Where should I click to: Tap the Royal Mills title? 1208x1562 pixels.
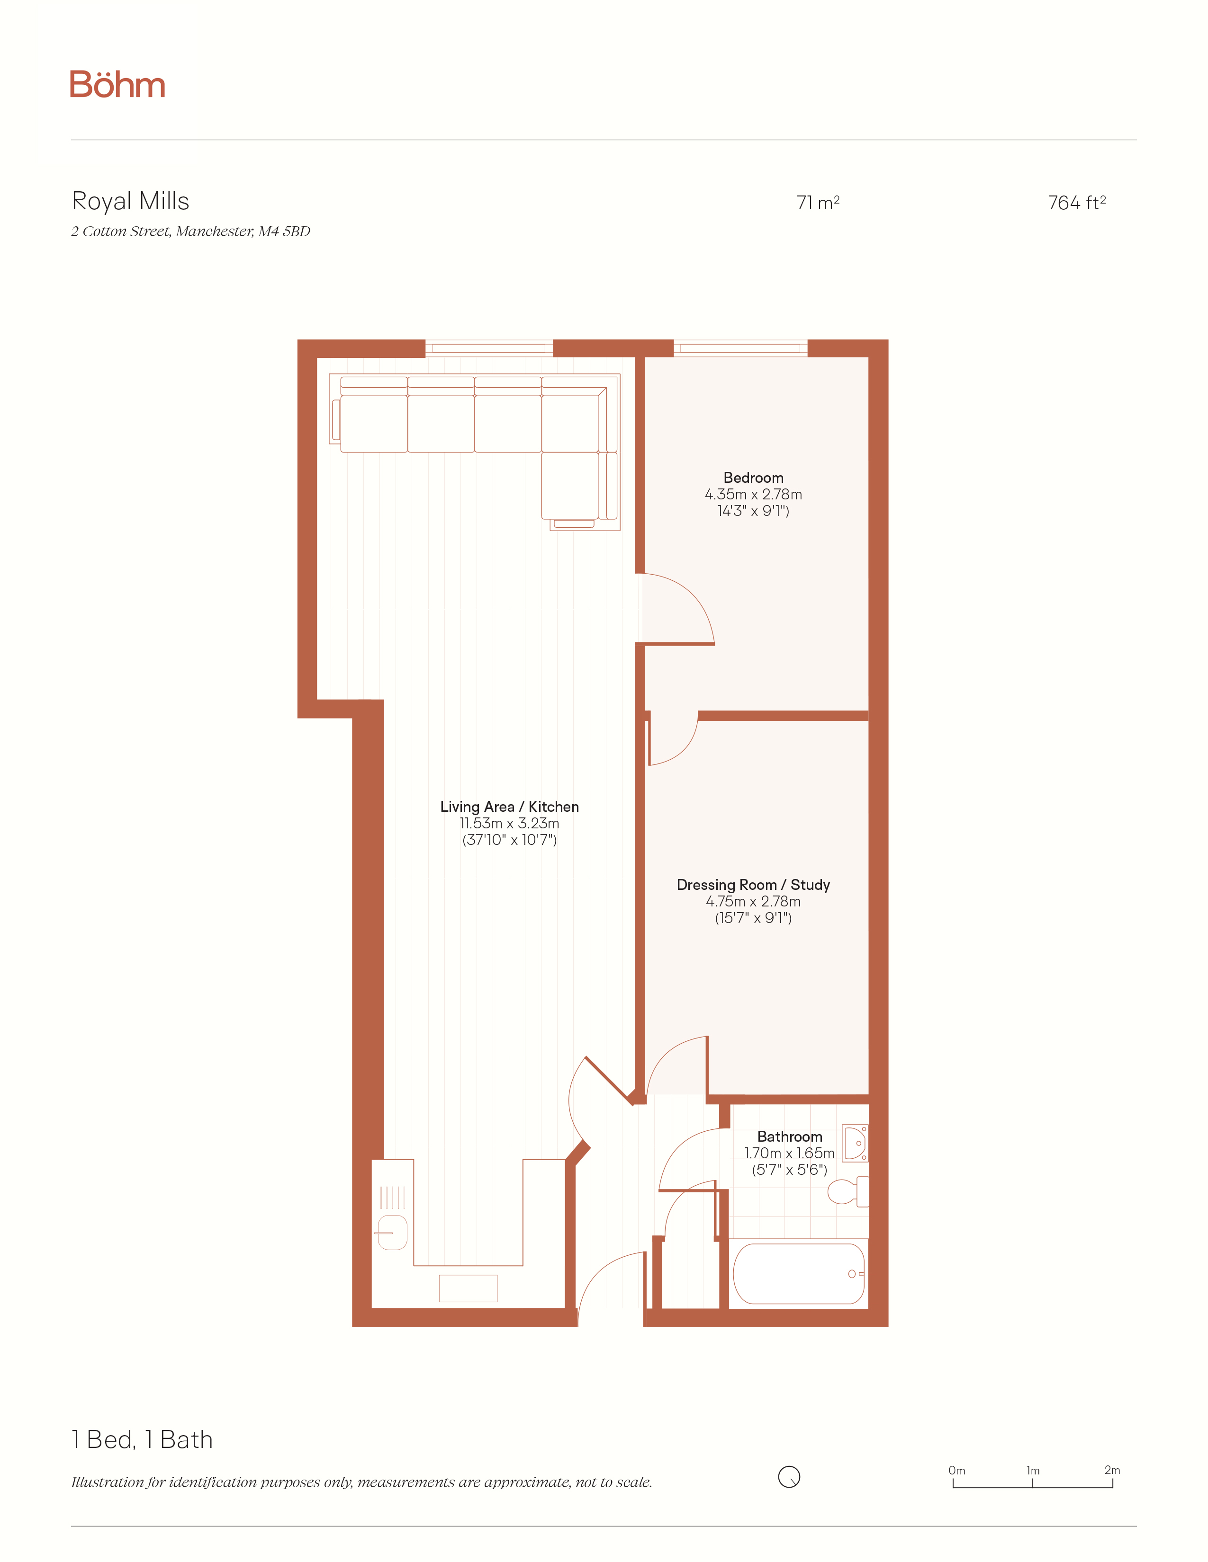pos(130,202)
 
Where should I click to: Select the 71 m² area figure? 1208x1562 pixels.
pos(818,203)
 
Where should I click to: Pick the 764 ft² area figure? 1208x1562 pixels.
pos(1077,203)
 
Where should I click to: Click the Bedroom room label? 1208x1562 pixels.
pos(754,478)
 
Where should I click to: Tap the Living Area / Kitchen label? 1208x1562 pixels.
pos(510,807)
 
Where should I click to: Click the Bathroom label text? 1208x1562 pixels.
pos(790,1136)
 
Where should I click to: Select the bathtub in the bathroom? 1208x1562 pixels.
pos(799,1274)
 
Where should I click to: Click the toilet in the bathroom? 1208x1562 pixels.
pos(848,1191)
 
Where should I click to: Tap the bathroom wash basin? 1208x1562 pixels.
pos(855,1143)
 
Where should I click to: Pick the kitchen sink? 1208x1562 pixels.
pos(392,1232)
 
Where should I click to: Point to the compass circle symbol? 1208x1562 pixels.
pos(789,1476)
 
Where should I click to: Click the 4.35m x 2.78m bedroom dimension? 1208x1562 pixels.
pos(754,494)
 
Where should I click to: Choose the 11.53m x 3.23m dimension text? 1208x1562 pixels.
pos(510,823)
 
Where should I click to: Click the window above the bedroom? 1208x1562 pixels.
pos(740,348)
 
